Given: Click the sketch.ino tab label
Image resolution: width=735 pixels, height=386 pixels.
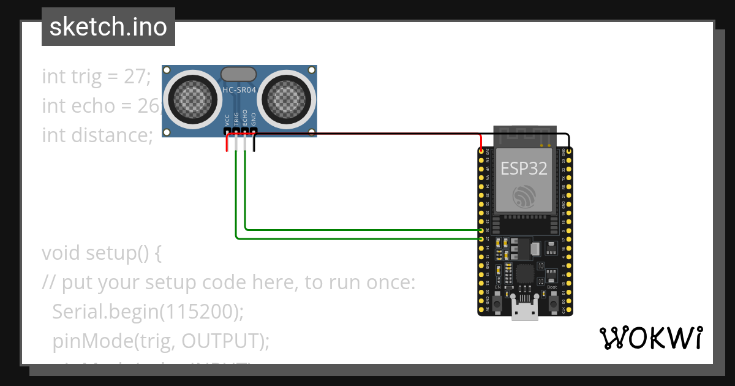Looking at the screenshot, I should pyautogui.click(x=108, y=27).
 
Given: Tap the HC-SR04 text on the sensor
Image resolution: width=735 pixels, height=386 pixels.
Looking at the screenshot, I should pyautogui.click(x=239, y=89).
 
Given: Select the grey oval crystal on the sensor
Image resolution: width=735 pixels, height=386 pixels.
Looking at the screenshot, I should pyautogui.click(x=238, y=74).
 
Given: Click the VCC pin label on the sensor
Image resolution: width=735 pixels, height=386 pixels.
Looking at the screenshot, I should pyautogui.click(x=227, y=119).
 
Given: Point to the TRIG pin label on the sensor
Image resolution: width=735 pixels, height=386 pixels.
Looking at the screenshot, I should pyautogui.click(x=236, y=118).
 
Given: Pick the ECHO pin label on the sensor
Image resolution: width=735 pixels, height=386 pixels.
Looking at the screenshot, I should pyautogui.click(x=245, y=118).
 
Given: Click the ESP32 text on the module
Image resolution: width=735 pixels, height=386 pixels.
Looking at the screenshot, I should pyautogui.click(x=524, y=168).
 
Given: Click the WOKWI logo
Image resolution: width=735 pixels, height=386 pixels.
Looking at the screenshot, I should pyautogui.click(x=650, y=338).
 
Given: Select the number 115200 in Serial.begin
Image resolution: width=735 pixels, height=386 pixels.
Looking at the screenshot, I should pyautogui.click(x=199, y=312).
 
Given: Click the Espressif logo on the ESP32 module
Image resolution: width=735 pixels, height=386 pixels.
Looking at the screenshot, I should pyautogui.click(x=524, y=196).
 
